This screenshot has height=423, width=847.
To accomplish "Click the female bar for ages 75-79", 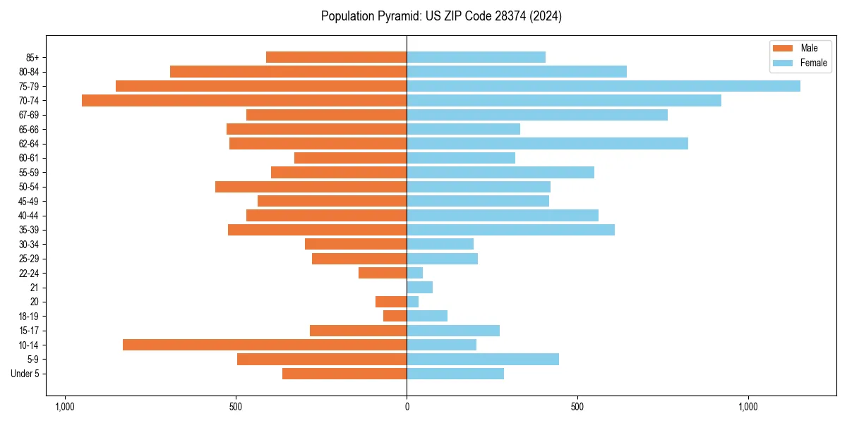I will pyautogui.click(x=603, y=86).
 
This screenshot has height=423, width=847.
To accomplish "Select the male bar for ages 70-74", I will pyautogui.click(x=244, y=100).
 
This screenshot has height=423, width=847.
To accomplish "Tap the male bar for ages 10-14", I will pyautogui.click(x=265, y=345).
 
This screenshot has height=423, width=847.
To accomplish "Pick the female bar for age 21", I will pyautogui.click(x=419, y=287).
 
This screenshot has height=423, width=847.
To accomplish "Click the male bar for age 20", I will pyautogui.click(x=391, y=302).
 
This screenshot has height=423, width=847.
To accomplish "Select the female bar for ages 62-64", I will pyautogui.click(x=547, y=144).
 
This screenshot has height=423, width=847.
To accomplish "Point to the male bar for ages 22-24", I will pyautogui.click(x=383, y=273).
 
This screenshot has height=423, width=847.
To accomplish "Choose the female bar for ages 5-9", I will pyautogui.click(x=483, y=360).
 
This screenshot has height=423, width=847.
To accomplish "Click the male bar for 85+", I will pyautogui.click(x=336, y=57).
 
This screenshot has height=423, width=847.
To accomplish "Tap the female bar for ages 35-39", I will pyautogui.click(x=510, y=230).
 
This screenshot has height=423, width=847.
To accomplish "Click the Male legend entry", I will pyautogui.click(x=799, y=48).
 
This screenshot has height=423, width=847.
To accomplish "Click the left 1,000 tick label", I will pyautogui.click(x=65, y=407).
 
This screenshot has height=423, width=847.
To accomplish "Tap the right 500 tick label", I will pyautogui.click(x=577, y=407).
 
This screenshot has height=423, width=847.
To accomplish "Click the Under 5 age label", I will pyautogui.click(x=25, y=374).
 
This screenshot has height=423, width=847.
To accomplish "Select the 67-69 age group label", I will pyautogui.click(x=29, y=115).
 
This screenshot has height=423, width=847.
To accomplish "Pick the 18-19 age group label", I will pyautogui.click(x=29, y=316).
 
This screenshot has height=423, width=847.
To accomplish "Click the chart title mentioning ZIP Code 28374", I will pyautogui.click(x=441, y=16).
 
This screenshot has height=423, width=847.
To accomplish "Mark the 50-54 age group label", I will pyautogui.click(x=29, y=187).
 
